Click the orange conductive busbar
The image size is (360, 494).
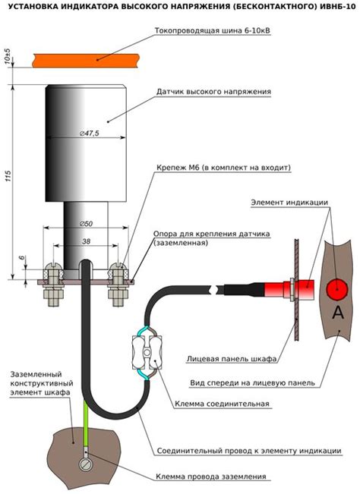click(85, 60)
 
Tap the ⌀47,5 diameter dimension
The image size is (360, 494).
click(89, 134)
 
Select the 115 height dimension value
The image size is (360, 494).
click(8, 176)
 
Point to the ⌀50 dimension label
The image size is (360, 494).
click(86, 224)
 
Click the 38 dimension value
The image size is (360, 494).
click(86, 241)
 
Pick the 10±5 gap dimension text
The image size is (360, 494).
click(8, 56)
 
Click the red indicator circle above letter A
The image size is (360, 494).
click(337, 289)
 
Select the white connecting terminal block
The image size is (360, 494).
click(147, 352)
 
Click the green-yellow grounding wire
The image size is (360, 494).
click(85, 423)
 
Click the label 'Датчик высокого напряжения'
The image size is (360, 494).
click(213, 92)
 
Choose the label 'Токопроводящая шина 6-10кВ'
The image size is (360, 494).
click(213, 30)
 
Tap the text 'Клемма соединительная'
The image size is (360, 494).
click(222, 404)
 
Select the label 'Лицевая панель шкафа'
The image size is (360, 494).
click(232, 358)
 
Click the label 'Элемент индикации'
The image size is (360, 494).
click(289, 203)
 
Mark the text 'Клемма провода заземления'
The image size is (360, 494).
click(211, 477)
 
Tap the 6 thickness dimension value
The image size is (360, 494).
click(22, 257)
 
